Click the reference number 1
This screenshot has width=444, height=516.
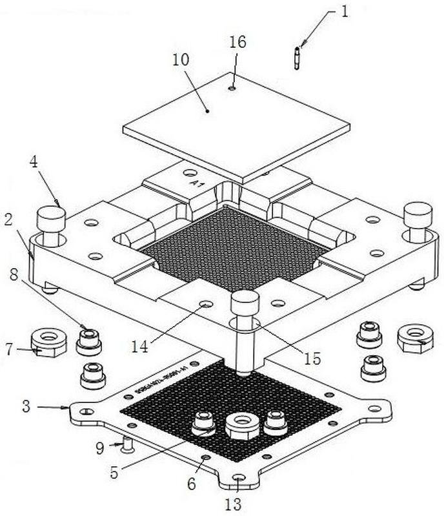point(345,12)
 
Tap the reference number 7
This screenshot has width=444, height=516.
point(8,349)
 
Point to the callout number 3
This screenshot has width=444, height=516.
point(26,407)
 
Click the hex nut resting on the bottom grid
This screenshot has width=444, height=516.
point(242,426)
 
